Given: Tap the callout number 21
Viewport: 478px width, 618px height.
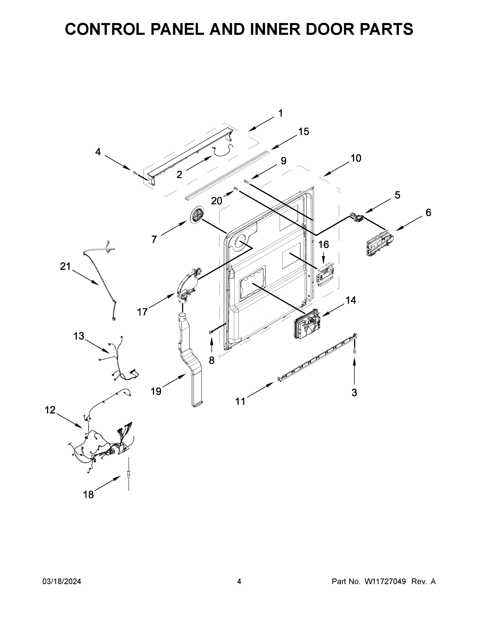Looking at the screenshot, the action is (x=65, y=266).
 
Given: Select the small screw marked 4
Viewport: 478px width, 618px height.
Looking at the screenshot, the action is (x=135, y=172).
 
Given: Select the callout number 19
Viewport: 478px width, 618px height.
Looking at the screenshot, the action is (x=156, y=391).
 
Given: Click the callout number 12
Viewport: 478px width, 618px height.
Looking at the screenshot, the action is (x=50, y=410).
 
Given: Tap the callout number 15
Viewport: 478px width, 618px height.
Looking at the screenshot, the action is (x=304, y=132).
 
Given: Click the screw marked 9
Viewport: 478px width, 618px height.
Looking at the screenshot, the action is (x=246, y=181).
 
